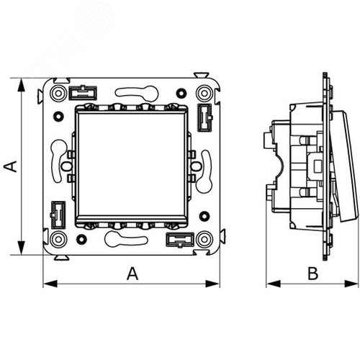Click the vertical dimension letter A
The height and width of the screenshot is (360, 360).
(11, 166)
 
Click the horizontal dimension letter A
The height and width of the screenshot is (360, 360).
(132, 274)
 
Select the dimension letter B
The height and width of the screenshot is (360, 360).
(313, 274)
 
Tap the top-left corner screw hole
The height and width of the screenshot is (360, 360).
(58, 93)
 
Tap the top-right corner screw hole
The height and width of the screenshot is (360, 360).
(204, 93)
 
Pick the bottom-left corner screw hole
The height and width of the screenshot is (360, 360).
(58, 239)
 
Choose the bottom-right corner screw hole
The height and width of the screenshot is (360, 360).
(204, 239)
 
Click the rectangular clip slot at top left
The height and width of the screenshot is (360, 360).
(83, 93)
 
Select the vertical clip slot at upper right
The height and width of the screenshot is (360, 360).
(204, 117)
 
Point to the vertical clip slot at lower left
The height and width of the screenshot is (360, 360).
(58, 215)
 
